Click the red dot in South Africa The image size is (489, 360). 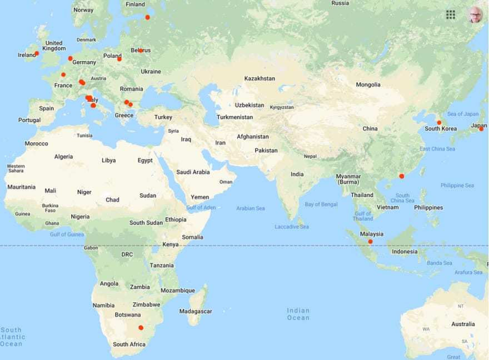(x=141, y=328)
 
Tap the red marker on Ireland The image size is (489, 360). (x=37, y=54)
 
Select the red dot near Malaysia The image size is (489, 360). (x=370, y=242)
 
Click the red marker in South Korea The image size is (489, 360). (x=439, y=123)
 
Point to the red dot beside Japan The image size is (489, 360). (x=481, y=129)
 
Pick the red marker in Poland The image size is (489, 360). (x=119, y=59)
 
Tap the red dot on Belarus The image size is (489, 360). (x=141, y=51)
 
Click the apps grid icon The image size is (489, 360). (x=451, y=14)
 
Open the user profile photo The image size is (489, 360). (x=475, y=15)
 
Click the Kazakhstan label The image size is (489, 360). (x=260, y=78)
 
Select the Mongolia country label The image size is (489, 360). (x=368, y=84)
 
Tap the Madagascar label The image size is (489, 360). (x=196, y=311)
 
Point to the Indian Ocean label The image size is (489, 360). (x=298, y=314)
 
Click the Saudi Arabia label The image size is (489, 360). (x=193, y=172)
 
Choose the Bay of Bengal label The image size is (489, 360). (x=321, y=204)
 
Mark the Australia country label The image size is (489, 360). (x=463, y=324)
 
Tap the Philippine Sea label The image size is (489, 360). (x=457, y=185)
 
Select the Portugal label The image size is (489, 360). (x=29, y=120)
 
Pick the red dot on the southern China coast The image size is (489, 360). (x=402, y=176)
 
